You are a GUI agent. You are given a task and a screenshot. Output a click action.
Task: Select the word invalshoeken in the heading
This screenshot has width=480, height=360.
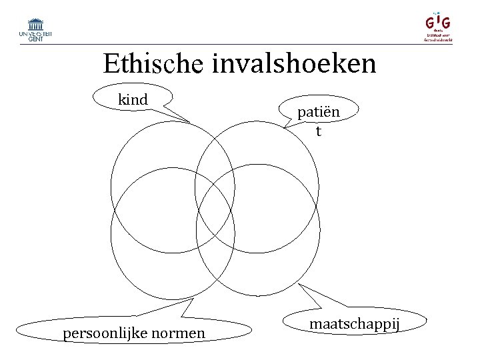click(x=295, y=64)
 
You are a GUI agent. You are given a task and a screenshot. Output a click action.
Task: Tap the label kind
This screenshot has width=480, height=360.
click(x=133, y=100)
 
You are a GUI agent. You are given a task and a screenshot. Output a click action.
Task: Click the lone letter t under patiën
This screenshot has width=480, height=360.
click(x=319, y=131)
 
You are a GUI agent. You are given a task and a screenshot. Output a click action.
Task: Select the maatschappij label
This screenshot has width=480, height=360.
click(x=354, y=324)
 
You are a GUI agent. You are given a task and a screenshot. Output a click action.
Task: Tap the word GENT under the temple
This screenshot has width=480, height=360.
click(x=36, y=39)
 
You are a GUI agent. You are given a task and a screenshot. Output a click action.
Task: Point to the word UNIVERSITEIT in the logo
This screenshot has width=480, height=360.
click(x=36, y=33)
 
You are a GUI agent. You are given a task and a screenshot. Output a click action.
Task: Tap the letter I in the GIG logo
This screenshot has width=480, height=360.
click(x=438, y=21)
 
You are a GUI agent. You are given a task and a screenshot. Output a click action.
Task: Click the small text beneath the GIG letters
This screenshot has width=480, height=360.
click(x=439, y=36)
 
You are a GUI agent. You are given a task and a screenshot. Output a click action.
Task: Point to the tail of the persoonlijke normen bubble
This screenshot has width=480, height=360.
click(x=187, y=308)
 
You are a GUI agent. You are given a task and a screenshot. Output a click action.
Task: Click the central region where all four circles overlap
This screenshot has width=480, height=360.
click(x=215, y=210)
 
